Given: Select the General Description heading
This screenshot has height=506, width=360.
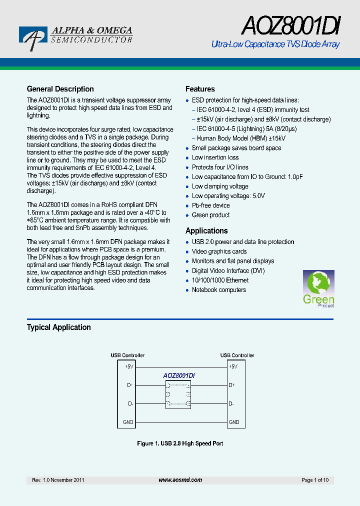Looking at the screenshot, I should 60,89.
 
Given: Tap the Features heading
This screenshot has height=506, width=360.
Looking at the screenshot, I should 200,89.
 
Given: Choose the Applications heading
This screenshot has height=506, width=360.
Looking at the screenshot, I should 206,230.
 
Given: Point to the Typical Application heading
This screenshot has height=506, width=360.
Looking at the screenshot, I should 58,327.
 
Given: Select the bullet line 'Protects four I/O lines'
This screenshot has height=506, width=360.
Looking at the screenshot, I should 220,167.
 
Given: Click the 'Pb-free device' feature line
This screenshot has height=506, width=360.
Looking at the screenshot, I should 210,205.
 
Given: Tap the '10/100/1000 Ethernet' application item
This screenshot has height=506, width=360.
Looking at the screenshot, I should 220,280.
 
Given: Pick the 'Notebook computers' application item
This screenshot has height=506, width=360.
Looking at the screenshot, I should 219,290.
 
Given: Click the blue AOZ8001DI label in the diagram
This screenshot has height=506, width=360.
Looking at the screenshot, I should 179,375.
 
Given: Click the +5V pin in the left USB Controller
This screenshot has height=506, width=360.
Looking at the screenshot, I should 128,366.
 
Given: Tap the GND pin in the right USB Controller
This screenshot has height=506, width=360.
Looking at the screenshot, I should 233,422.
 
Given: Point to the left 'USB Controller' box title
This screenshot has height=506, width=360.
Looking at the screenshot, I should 127,355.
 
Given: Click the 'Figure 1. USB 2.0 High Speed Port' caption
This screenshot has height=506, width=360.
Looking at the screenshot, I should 180,443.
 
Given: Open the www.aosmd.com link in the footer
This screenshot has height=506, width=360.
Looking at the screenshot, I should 180,480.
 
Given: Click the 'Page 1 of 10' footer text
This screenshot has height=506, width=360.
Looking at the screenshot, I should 315,480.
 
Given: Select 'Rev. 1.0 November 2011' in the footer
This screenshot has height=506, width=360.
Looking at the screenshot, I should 58,480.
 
